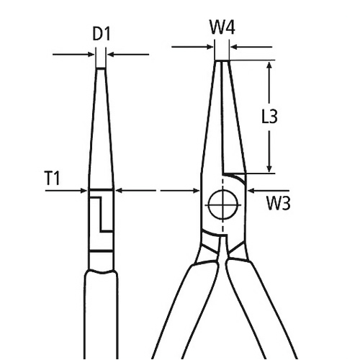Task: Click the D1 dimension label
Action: [101, 34]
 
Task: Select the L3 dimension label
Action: [269, 117]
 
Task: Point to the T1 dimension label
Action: [51, 178]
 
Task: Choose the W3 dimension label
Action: [278, 204]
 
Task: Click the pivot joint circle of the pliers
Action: [222, 207]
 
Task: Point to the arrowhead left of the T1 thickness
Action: [84, 191]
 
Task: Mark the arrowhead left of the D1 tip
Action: [91, 54]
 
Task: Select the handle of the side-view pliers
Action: [101, 310]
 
